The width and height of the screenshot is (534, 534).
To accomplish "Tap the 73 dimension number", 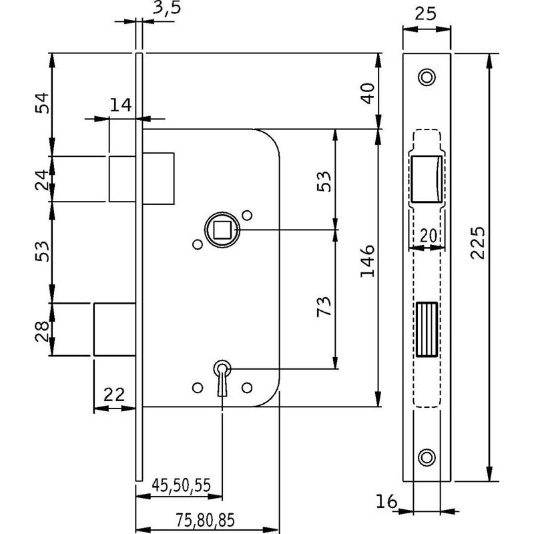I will (322, 307).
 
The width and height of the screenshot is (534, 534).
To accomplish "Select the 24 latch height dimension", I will (42, 179).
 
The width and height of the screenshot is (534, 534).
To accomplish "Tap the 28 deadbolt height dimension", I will (42, 330).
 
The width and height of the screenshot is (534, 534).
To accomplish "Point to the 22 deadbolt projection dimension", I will (115, 394).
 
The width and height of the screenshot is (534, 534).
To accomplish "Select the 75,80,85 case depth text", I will (207, 518).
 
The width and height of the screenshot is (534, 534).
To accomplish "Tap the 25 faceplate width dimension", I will (427, 13).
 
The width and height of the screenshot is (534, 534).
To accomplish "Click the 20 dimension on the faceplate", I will (427, 235).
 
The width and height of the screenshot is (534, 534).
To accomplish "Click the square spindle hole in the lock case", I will (222, 230).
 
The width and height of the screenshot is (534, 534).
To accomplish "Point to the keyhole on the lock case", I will (222, 370).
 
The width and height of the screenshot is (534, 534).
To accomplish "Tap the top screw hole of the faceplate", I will (427, 77).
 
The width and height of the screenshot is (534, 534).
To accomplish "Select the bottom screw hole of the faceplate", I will (427, 457).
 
